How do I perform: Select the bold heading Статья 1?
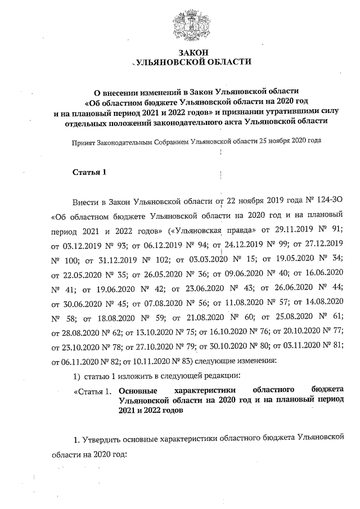(89, 172)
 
